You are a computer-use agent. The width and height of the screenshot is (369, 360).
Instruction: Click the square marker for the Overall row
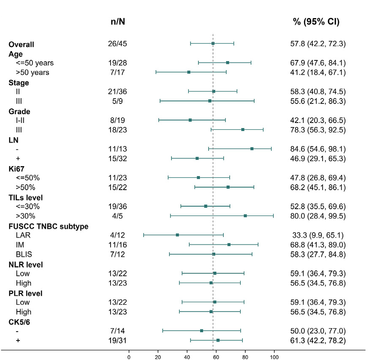point(213,44)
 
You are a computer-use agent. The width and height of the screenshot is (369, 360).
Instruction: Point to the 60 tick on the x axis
point(216,356)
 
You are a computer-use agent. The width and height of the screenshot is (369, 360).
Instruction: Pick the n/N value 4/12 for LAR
point(117,235)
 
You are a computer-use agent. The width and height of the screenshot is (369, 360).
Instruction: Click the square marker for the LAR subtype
point(177,235)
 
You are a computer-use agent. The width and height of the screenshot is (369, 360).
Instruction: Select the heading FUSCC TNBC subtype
point(49,226)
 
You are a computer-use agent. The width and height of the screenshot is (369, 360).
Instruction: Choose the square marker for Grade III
point(243,129)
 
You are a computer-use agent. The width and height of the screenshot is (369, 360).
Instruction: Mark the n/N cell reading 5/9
point(117,101)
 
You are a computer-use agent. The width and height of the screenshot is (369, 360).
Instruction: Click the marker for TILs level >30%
point(245,215)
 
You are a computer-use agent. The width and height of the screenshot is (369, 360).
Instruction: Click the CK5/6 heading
point(20,322)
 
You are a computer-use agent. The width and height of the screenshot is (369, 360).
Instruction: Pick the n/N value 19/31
point(117,340)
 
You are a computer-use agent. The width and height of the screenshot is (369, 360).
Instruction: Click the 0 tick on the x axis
point(129,356)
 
